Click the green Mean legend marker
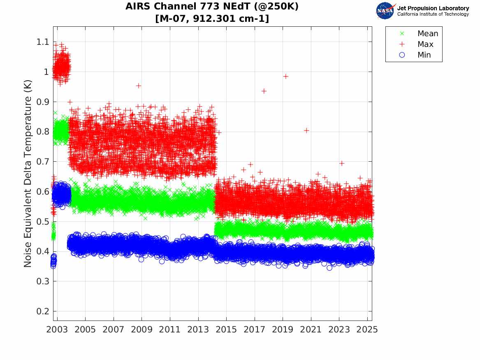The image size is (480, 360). [402, 33]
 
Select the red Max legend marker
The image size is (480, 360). [402, 44]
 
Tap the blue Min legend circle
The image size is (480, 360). [402, 55]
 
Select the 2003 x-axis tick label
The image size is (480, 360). [57, 330]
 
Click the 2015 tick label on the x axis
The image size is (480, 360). [226, 330]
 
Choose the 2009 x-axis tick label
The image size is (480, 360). [141, 330]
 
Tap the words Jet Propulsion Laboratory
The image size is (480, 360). [433, 8]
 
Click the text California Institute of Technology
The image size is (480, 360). [433, 14]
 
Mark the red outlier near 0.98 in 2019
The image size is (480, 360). [285, 77]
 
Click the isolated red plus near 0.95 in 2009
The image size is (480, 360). [139, 86]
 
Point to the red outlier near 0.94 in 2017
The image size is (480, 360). [264, 91]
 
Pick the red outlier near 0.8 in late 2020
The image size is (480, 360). [306, 130]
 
